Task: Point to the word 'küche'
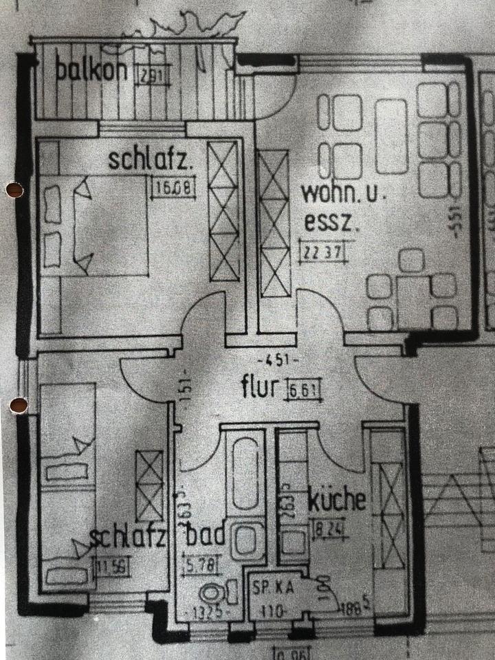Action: click(337, 500)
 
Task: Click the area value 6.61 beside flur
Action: click(304, 390)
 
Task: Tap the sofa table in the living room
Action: click(393, 136)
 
